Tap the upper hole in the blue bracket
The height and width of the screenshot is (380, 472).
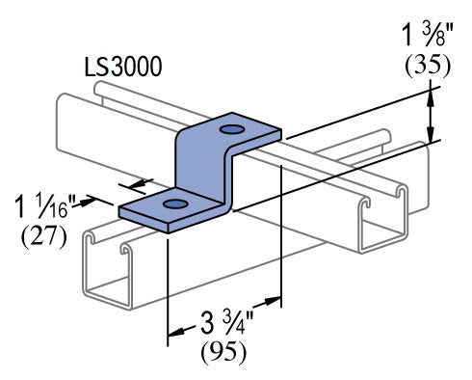(x=232, y=128)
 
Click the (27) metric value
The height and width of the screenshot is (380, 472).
(x=43, y=236)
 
